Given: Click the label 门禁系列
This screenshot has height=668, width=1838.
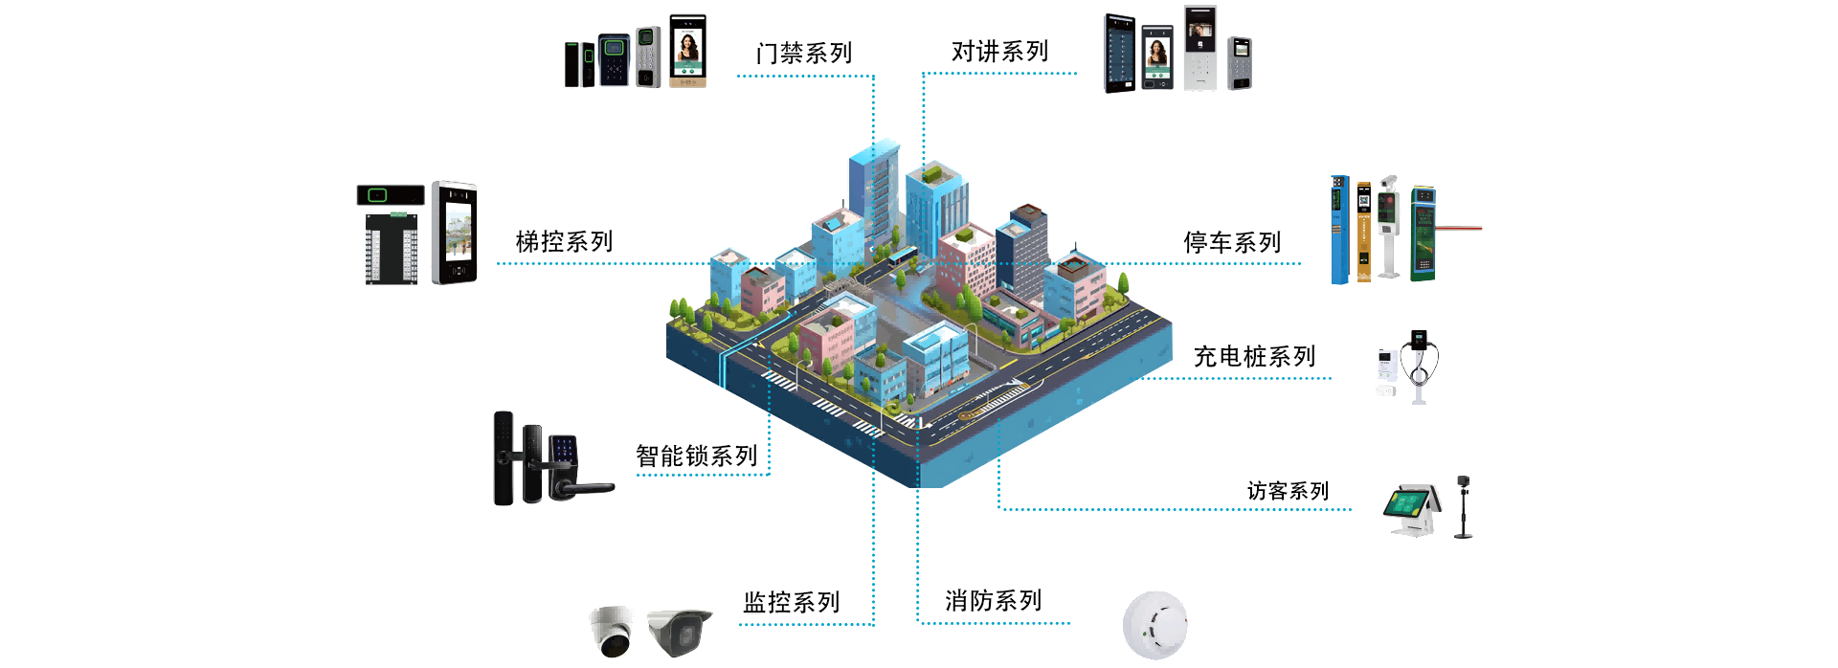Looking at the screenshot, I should [x=803, y=54].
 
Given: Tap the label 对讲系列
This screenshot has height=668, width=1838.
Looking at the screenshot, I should [x=999, y=52].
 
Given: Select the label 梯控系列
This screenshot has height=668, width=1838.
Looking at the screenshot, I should [x=564, y=242].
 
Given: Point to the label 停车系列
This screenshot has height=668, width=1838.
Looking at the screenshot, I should [x=1231, y=243].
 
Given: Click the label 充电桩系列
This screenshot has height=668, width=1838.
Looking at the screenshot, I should [x=1254, y=357].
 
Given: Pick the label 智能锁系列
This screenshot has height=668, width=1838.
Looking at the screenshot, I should [x=696, y=456].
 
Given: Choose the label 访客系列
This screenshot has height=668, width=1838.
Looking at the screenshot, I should [x=1288, y=491].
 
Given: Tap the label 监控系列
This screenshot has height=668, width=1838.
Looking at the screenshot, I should [x=792, y=603].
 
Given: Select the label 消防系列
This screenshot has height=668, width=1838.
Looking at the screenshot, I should [x=993, y=601].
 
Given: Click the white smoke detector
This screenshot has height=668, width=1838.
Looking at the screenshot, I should [x=1154, y=626].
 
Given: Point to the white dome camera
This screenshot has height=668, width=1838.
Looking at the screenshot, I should [x=612, y=631].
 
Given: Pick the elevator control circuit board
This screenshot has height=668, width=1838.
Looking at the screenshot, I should [x=392, y=248].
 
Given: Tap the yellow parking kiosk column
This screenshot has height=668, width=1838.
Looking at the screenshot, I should [x=1363, y=233].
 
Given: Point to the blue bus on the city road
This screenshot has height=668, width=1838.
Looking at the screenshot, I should [x=902, y=256].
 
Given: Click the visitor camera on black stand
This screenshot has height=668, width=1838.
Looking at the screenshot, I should [x=1463, y=506].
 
